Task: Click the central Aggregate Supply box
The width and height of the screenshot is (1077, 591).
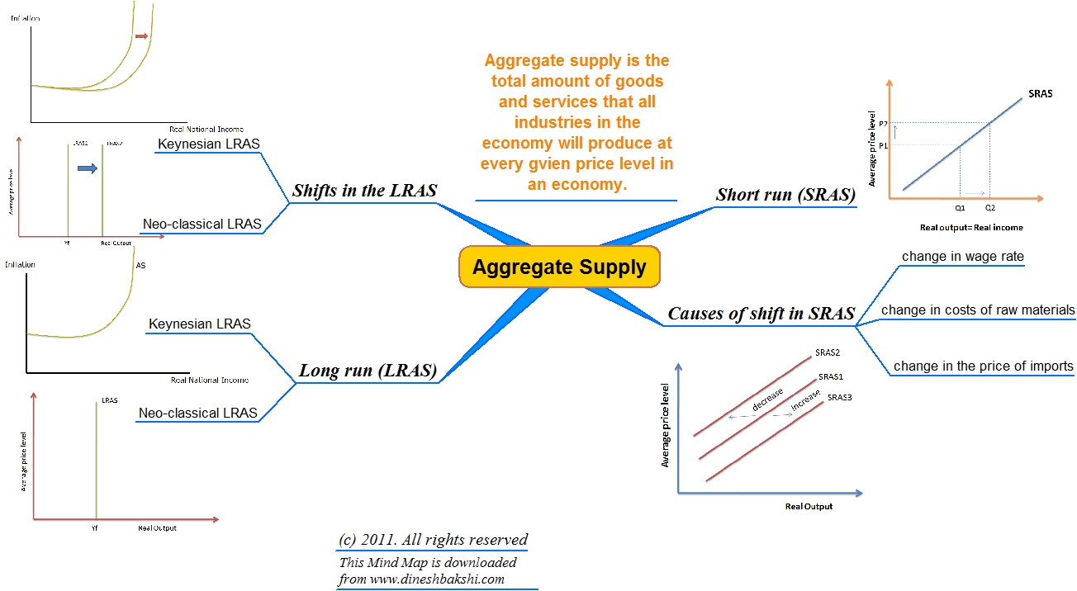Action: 558,267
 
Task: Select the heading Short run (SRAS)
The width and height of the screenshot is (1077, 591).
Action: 785,195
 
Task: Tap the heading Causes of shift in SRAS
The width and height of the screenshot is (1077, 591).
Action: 761,314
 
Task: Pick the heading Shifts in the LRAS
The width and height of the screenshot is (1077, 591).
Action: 364,191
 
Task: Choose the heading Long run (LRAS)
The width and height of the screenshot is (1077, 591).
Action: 368,371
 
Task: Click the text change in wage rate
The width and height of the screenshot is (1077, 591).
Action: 962,257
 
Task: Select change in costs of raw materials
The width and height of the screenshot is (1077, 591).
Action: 978,310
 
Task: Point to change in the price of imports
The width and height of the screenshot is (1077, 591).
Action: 983,366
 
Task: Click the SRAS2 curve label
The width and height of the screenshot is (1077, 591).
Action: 827,352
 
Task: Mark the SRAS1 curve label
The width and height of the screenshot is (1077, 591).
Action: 830,376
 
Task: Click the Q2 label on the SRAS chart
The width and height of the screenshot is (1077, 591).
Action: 989,209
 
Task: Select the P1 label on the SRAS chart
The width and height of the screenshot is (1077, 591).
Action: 883,145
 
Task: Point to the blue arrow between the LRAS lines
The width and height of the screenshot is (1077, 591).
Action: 87,168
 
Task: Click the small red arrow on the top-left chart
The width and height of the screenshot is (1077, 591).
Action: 141,36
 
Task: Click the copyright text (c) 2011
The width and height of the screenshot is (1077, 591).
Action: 433,540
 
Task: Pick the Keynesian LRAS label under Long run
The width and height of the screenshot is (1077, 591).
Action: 199,324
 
